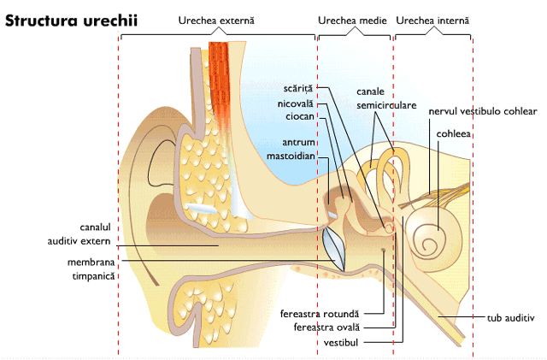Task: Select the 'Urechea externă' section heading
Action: [216, 19]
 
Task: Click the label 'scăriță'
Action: [303, 87]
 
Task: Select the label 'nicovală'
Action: [297, 103]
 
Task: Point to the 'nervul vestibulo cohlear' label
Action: [482, 111]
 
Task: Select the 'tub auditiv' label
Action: [509, 317]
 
